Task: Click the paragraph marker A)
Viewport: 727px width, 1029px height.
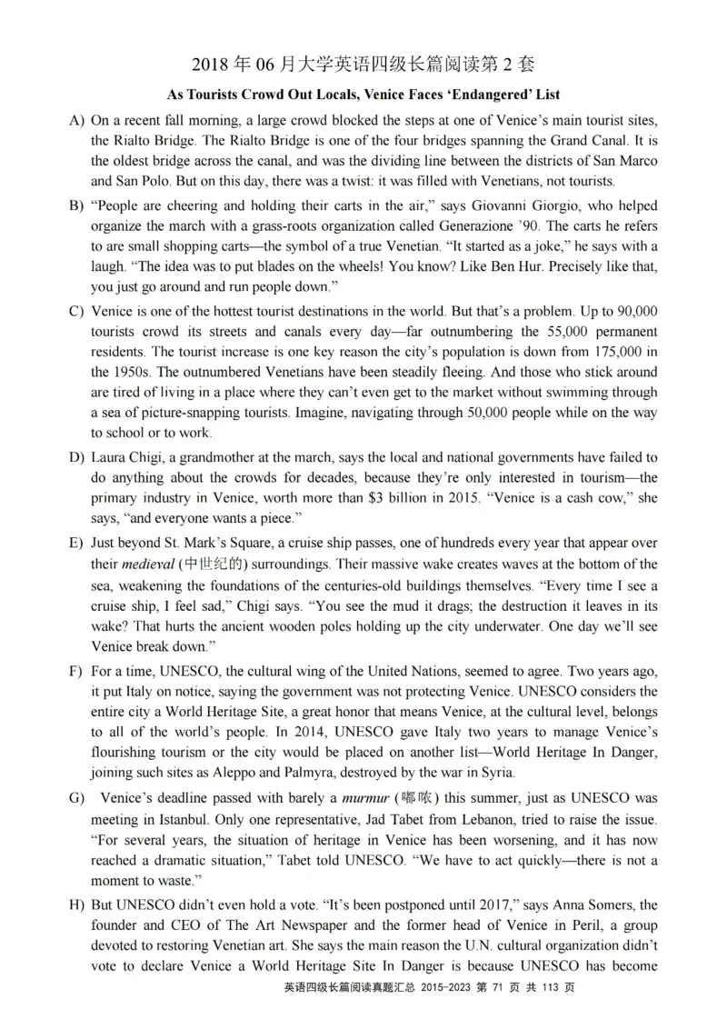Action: pos(76,120)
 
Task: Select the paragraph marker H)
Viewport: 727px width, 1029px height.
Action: pos(76,906)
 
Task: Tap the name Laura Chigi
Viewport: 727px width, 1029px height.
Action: pos(124,456)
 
